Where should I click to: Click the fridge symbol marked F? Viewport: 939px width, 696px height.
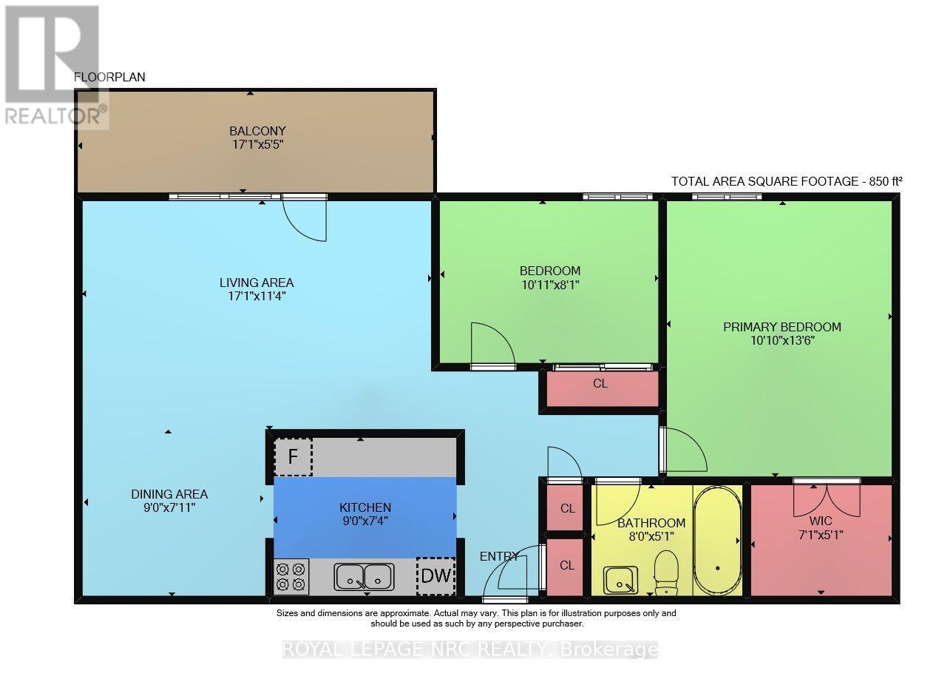tap(293, 456)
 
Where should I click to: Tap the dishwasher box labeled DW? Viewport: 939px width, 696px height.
tap(435, 576)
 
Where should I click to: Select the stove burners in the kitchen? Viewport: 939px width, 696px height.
tap(291, 577)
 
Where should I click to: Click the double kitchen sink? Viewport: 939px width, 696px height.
tap(364, 576)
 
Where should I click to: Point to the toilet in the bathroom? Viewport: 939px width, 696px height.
tap(666, 572)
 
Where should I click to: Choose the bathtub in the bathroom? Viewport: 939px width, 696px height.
tap(717, 540)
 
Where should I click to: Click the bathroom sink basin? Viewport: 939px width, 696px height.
tap(620, 580)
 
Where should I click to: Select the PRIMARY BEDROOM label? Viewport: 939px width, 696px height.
tap(782, 327)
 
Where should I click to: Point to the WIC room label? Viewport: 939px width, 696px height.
tap(821, 520)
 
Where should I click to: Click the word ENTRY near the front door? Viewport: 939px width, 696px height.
tap(499, 555)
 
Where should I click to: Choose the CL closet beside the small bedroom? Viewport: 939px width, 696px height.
tap(600, 383)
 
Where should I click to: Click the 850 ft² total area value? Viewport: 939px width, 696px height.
tap(886, 181)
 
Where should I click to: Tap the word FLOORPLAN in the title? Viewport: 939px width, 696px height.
tap(109, 77)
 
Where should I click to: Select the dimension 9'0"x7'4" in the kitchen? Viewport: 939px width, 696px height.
tap(365, 521)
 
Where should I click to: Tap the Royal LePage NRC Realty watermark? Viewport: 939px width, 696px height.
tap(470, 649)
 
